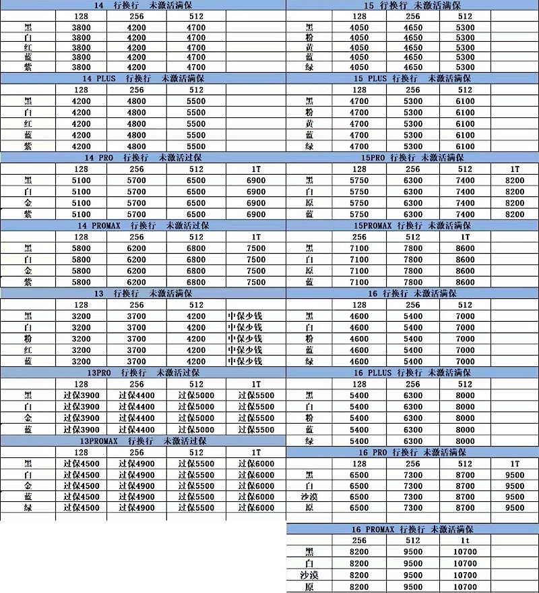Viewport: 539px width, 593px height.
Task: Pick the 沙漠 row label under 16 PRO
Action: click(309, 497)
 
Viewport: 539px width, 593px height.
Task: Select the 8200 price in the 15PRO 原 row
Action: click(515, 203)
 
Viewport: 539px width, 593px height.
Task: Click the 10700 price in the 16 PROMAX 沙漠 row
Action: click(465, 575)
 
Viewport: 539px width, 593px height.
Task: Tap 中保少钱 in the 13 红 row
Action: click(245, 349)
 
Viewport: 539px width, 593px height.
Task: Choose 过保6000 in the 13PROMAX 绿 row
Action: click(256, 508)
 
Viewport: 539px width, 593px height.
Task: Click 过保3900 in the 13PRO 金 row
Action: click(82, 418)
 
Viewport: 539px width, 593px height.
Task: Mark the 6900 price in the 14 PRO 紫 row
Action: click(256, 214)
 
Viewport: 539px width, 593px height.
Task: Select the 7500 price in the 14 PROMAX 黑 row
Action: click(256, 248)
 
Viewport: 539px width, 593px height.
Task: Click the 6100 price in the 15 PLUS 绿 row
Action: click(465, 146)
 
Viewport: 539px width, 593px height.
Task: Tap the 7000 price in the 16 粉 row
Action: click(465, 339)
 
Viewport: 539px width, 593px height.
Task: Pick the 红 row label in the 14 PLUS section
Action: click(27, 124)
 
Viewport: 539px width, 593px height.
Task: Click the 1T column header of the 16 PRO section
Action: click(515, 463)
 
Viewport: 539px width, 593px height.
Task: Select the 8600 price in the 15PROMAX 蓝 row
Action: click(465, 283)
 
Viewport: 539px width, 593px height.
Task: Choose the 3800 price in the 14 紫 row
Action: click(82, 67)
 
